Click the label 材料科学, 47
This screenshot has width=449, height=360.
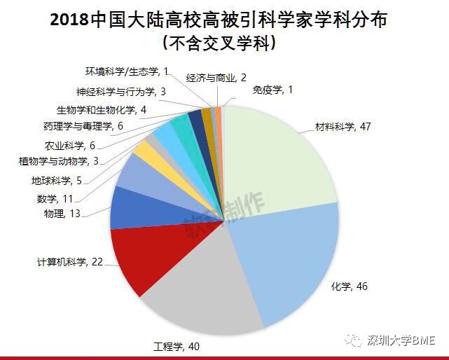(x=343, y=127)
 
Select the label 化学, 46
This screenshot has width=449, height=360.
(x=349, y=286)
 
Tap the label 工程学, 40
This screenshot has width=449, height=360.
(x=176, y=345)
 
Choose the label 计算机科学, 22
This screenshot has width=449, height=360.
(x=70, y=262)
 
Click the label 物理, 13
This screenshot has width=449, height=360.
(x=63, y=213)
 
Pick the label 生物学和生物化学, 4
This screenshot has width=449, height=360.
(x=101, y=109)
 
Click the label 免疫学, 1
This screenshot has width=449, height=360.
(x=272, y=90)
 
